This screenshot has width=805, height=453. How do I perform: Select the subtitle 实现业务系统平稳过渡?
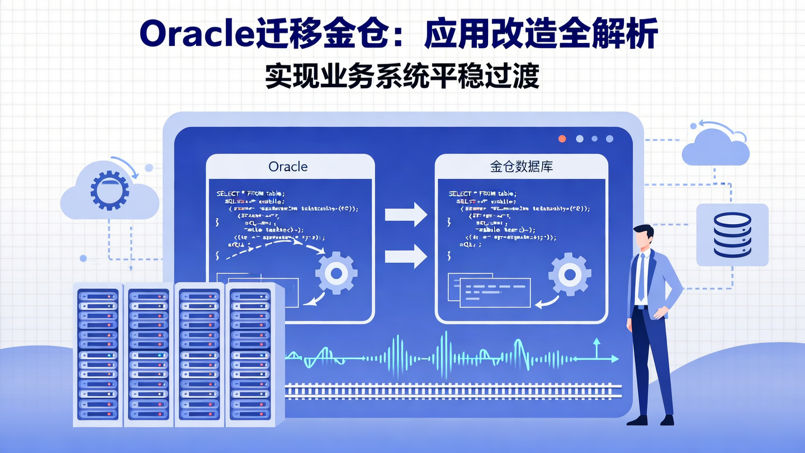tap(402, 76)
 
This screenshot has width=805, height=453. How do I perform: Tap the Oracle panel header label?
tap(288, 167)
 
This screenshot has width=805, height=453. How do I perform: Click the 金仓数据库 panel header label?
tap(521, 167)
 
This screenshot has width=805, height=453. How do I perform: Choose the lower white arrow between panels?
tap(406, 256)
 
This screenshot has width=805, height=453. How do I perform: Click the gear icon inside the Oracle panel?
tap(336, 273)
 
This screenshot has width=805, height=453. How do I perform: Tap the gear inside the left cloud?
tap(110, 190)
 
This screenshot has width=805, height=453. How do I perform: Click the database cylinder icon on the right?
tap(732, 235)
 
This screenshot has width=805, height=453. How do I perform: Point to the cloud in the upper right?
tap(716, 147)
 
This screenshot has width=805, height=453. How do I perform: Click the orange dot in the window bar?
tap(562, 139)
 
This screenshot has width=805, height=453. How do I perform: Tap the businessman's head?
tap(644, 238)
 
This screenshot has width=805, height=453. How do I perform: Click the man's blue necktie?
tap(641, 277)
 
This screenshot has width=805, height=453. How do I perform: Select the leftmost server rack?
tap(98, 352)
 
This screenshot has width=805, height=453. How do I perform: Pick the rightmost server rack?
tap(252, 352)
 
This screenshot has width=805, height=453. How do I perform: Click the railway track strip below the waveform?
tap(453, 389)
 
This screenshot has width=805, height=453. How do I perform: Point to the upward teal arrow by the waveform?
tap(596, 348)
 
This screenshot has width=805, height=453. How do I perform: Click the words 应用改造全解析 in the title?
tap(541, 35)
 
